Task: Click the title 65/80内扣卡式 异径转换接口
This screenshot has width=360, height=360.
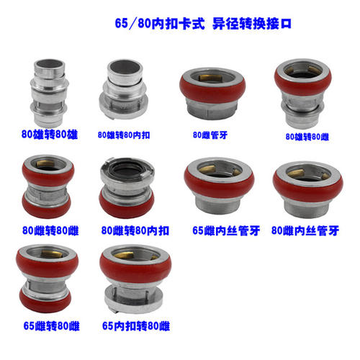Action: click(203, 24)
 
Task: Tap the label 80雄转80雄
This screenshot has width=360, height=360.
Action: click(50, 134)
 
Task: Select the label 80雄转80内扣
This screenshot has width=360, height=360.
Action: click(124, 135)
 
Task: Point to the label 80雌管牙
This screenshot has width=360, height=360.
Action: click(210, 135)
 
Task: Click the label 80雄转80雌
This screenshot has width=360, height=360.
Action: click(307, 137)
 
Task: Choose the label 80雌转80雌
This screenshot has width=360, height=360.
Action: click(50, 230)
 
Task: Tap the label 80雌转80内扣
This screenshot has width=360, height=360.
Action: click(135, 230)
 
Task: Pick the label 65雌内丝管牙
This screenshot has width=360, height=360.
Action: click(226, 230)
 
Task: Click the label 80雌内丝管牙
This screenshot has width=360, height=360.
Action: click(305, 230)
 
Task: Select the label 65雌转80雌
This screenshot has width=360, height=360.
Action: click(51, 326)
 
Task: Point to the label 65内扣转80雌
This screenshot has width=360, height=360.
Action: click(136, 326)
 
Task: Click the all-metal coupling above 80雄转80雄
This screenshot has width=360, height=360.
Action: click(49, 93)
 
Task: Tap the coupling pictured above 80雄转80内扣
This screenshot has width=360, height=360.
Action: click(123, 89)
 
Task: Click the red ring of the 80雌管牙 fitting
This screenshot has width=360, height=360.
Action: click(212, 89)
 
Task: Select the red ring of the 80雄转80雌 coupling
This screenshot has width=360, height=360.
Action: click(303, 84)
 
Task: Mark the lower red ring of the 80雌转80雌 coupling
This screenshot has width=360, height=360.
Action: click(47, 206)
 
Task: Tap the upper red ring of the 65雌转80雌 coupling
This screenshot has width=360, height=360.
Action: click(47, 264)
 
